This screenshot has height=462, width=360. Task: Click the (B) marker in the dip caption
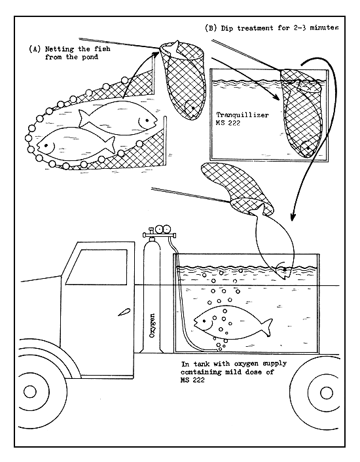(212, 28)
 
